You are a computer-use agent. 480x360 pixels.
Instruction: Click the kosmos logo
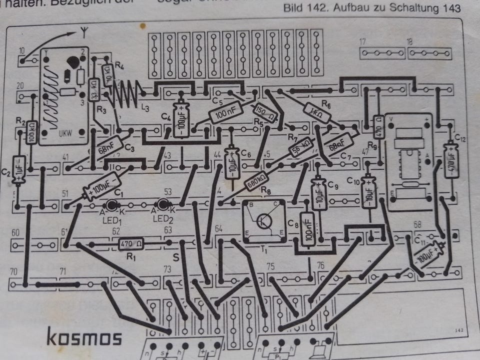click(x=84, y=337)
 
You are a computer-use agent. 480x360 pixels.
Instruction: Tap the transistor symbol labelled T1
click(x=263, y=220)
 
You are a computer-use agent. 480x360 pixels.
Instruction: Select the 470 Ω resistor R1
click(x=131, y=244)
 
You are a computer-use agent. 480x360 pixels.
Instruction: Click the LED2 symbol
click(x=161, y=204)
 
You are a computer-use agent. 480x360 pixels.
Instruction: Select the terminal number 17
click(x=363, y=41)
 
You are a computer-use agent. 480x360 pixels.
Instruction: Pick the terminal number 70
click(x=13, y=271)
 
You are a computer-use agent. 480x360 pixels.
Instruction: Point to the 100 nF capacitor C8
click(x=308, y=227)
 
